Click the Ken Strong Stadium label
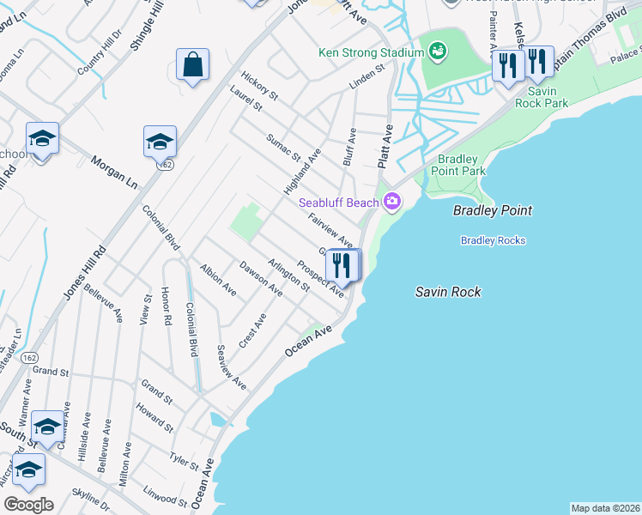click(371, 52)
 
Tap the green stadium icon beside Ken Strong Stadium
click(437, 51)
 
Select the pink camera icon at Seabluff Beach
click(392, 203)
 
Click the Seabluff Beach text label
click(338, 203)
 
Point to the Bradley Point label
click(493, 210)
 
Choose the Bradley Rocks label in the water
click(493, 240)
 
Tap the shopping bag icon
click(193, 64)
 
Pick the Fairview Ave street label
click(330, 229)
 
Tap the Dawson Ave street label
click(261, 278)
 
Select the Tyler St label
click(184, 459)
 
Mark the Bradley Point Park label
click(463, 165)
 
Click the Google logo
click(28, 504)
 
